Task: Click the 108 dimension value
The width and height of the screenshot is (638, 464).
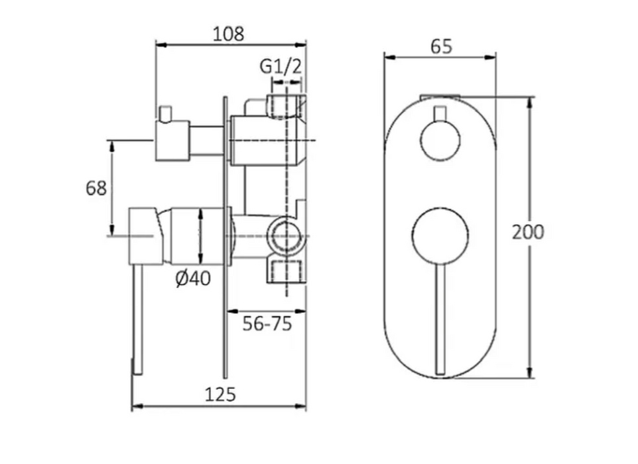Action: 229,34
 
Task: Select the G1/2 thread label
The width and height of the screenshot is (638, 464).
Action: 281,66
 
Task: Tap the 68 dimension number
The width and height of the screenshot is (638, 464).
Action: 96,188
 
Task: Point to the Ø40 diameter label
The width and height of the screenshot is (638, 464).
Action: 193,278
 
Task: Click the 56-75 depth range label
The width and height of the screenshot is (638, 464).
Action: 267,323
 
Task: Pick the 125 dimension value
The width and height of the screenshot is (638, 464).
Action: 220,394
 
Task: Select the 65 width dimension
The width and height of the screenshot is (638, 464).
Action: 442,46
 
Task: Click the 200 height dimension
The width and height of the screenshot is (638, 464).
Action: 528,232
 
